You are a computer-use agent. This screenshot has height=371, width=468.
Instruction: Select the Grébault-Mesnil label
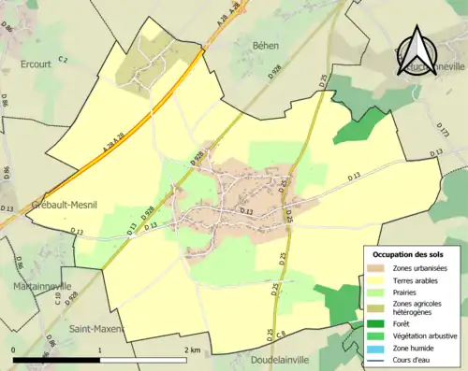[x=48, y=206]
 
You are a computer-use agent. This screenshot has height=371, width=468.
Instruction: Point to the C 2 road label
[x=64, y=60]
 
